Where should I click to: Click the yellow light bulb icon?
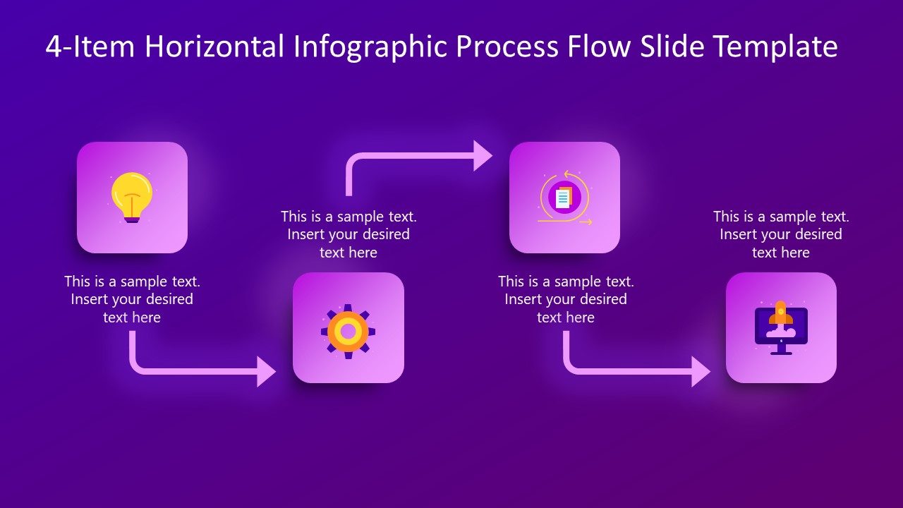click(x=132, y=196)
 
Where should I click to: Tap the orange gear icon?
click(x=348, y=330)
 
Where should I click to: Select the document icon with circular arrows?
click(x=564, y=198)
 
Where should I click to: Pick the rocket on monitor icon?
click(x=781, y=327)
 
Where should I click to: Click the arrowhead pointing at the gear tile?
click(x=267, y=371)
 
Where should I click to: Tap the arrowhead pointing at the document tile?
click(x=483, y=155)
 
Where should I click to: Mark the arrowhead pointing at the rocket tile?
click(x=701, y=371)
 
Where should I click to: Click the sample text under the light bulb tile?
click(x=132, y=299)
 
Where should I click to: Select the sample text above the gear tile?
click(x=349, y=234)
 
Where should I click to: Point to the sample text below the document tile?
click(x=565, y=299)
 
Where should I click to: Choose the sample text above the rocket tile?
click(x=781, y=234)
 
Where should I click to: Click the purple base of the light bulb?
click(x=132, y=219)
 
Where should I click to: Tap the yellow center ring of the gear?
click(x=348, y=330)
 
